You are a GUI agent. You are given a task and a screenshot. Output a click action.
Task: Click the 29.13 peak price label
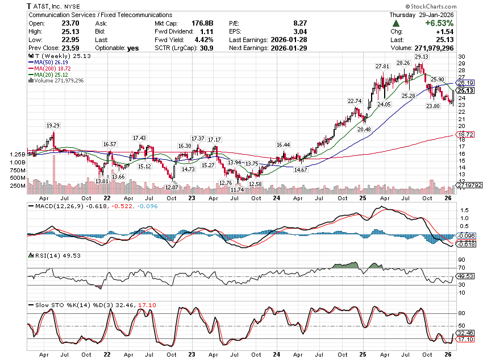421,57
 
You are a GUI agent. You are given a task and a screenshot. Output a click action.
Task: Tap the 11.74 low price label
236,189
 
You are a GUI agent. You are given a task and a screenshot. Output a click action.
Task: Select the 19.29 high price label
53,125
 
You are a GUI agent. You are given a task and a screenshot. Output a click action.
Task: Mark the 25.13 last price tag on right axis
465,90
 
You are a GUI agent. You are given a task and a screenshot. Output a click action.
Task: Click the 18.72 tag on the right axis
465,134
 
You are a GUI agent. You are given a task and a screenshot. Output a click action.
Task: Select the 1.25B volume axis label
18,154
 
